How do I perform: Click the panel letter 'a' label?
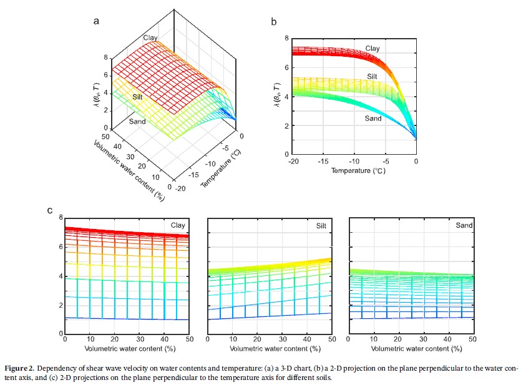pos(96,21)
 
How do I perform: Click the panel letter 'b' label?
pos(274,21)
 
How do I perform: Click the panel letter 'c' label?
pos(50,210)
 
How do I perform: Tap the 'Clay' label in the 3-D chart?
pos(150,38)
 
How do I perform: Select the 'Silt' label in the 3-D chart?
pos(138,98)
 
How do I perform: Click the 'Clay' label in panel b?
pos(372,48)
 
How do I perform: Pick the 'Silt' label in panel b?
pos(372,76)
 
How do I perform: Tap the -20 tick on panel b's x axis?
pos(291,161)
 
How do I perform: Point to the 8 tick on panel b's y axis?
pos(286,39)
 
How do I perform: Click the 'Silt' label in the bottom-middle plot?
pos(321,225)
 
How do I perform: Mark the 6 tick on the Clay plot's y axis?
pos(60,246)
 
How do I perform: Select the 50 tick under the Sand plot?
pos(472,339)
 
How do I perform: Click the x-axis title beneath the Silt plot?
pos(269,347)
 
